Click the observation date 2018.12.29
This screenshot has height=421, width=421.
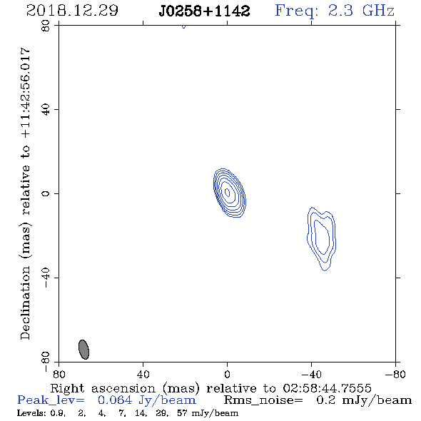click(x=72, y=11)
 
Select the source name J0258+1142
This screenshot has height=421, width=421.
click(x=204, y=11)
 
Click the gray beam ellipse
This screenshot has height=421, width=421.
click(x=83, y=350)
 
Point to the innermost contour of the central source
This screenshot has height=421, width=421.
click(x=228, y=192)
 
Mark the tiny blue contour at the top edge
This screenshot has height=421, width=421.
click(x=183, y=26)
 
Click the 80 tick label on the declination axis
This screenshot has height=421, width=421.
click(x=46, y=26)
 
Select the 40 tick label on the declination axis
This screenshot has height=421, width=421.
click(x=46, y=110)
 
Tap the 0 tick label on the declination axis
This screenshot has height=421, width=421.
click(x=46, y=193)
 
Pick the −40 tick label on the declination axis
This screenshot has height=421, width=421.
click(x=46, y=278)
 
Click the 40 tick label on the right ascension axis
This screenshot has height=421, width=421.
click(x=143, y=374)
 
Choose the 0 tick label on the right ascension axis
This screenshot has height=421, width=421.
click(x=227, y=374)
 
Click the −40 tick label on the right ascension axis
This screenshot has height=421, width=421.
click(x=311, y=374)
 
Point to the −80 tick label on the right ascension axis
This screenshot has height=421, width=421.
click(x=395, y=374)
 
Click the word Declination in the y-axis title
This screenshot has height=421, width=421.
click(x=25, y=303)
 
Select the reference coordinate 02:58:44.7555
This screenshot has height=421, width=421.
click(x=327, y=388)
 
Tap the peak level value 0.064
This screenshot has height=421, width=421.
click(x=115, y=400)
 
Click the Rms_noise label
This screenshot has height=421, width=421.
click(x=263, y=400)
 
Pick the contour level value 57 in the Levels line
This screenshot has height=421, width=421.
click(x=182, y=412)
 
